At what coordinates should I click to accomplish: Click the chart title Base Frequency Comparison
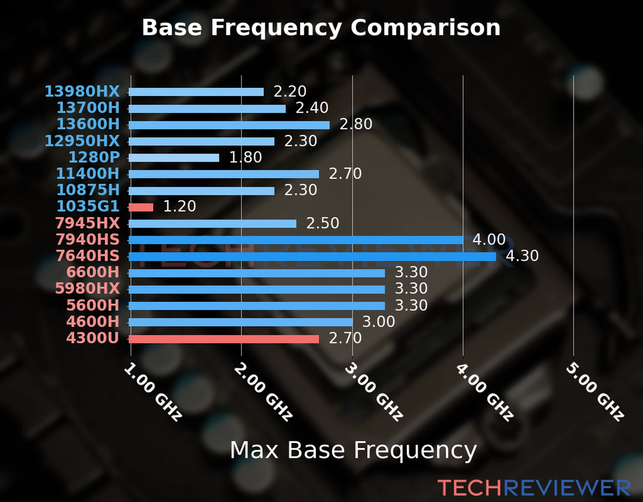(x=321, y=28)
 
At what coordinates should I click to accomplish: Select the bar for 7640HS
(x=312, y=256)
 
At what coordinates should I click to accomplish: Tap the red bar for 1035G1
(x=141, y=207)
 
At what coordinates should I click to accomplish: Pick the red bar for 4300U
(x=224, y=339)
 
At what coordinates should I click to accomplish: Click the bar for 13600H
(x=229, y=125)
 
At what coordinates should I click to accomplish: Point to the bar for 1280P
(x=174, y=158)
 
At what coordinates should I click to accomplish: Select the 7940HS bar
(x=296, y=240)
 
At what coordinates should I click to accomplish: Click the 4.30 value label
(x=522, y=256)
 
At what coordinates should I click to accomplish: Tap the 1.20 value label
(x=179, y=206)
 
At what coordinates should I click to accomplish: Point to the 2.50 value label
(x=322, y=223)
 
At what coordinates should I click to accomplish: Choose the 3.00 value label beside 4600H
(x=378, y=322)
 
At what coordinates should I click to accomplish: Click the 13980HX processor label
(x=82, y=91)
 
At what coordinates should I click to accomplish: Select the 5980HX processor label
(x=87, y=289)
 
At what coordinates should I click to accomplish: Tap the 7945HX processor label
(x=87, y=223)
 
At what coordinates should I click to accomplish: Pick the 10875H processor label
(x=88, y=190)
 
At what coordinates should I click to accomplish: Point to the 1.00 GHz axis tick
(x=153, y=392)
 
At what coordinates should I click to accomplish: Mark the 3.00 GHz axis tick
(x=374, y=392)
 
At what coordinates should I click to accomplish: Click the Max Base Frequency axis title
(x=353, y=450)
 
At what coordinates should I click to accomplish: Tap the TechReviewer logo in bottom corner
(x=534, y=488)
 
